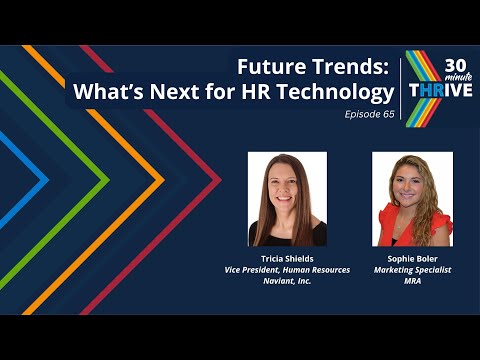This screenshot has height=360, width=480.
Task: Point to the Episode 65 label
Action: pos(369,114)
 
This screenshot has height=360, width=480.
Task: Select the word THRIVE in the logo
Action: pos(437,88)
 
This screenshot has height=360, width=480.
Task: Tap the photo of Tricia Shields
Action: pos(286,199)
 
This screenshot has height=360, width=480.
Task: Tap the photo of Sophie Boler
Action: pos(412,199)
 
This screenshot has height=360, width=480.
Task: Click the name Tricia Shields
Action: pos(286,258)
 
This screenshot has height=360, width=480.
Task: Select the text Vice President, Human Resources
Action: pos(286,270)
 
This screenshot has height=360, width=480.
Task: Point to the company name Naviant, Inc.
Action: pos(286,282)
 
